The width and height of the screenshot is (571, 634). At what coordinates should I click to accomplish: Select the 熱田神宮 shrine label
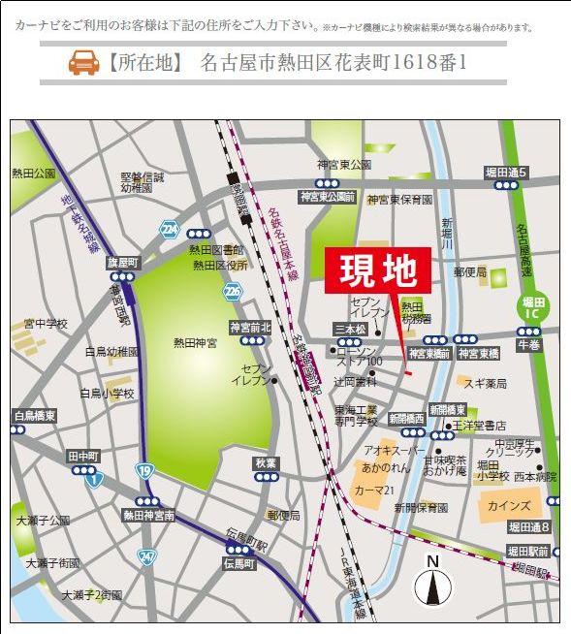pos(195,342)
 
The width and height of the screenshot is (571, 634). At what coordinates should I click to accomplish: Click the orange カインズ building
pos(510,505)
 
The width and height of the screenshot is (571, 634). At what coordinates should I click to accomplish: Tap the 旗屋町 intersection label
pos(123,263)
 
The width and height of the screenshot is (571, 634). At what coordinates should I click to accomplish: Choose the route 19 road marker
pos(143,471)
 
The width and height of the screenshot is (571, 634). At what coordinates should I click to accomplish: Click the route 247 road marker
pos(146,555)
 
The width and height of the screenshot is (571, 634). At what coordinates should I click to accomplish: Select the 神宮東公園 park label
pos(344,165)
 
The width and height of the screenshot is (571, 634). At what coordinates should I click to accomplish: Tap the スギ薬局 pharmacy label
pos(485,384)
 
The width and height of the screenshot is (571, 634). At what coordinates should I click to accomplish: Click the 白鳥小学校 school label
pos(107,393)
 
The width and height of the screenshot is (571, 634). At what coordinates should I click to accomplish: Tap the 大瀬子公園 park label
pos(43,521)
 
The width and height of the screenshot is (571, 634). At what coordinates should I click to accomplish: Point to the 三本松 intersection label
pos(350,330)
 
